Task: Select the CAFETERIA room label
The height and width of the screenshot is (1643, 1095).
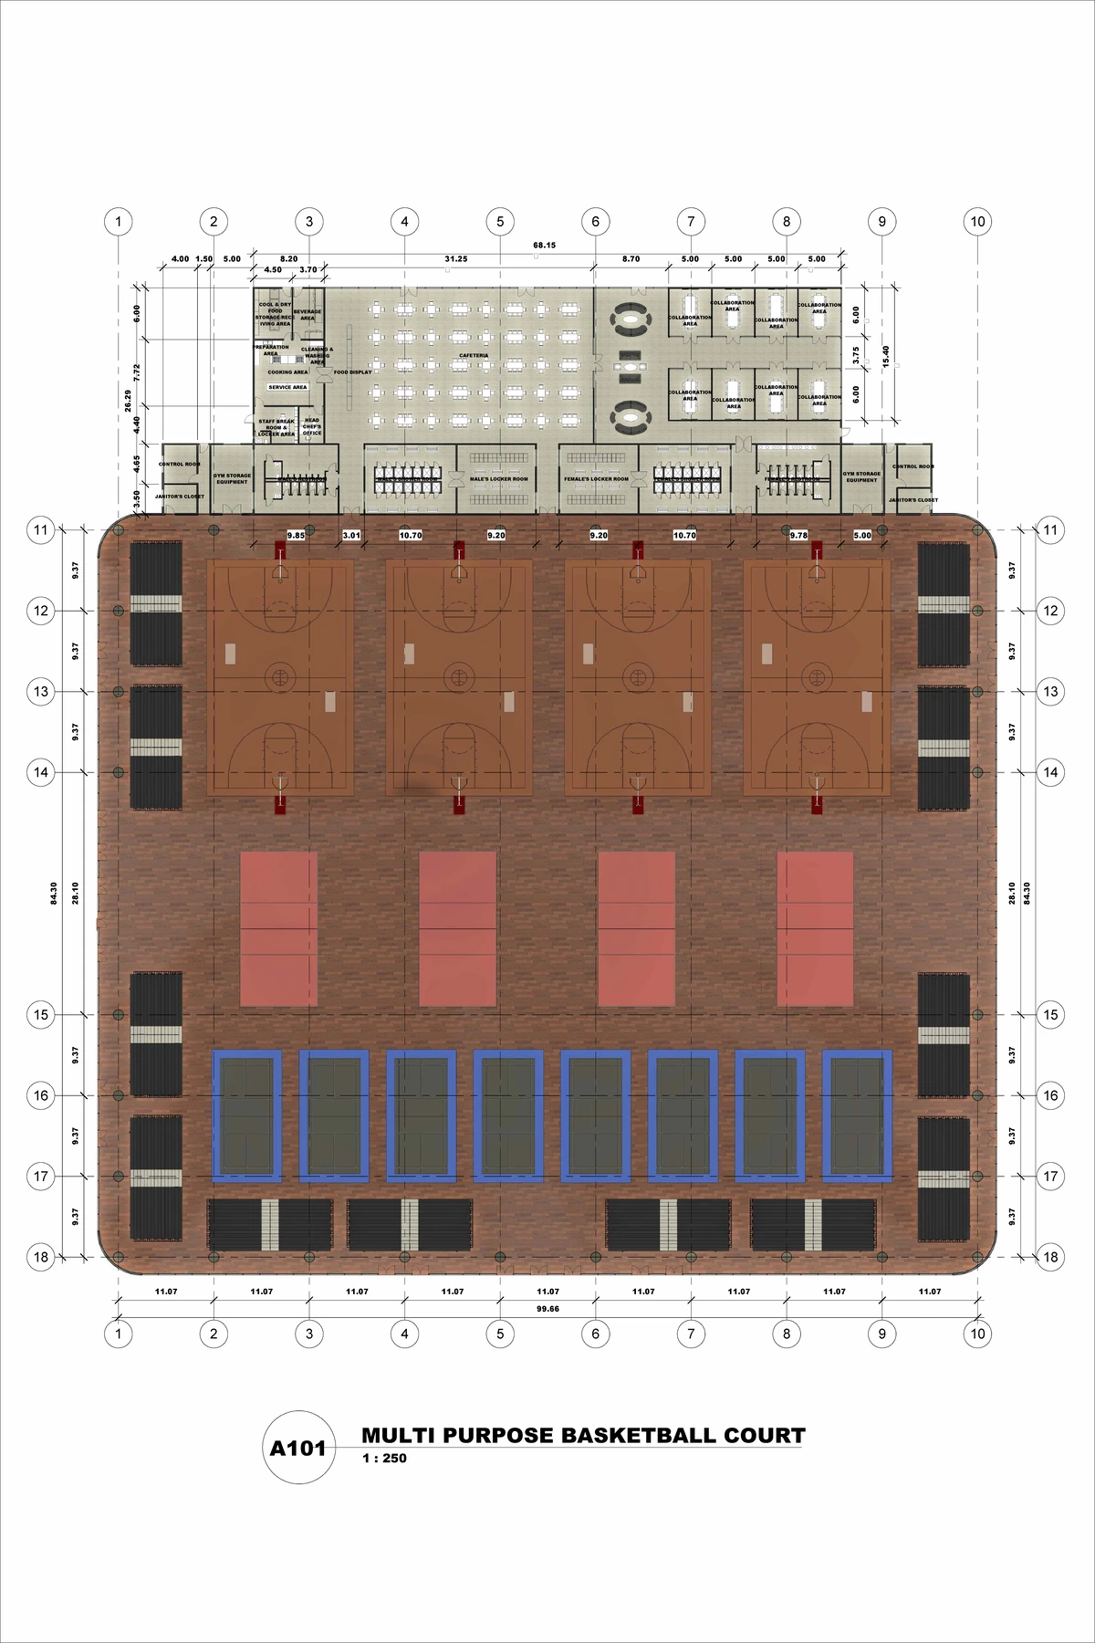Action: (x=474, y=355)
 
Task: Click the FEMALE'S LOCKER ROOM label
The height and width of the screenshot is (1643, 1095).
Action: (x=597, y=479)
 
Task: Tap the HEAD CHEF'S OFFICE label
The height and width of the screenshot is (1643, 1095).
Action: (x=312, y=426)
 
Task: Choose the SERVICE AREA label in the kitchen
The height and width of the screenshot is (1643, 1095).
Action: (x=287, y=387)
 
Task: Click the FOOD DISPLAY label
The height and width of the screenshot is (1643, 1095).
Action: (x=352, y=372)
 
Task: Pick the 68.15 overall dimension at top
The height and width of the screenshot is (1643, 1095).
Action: (x=545, y=245)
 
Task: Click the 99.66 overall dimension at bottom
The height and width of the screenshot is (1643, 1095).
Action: (x=547, y=1308)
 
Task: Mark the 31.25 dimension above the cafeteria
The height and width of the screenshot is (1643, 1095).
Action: (x=455, y=259)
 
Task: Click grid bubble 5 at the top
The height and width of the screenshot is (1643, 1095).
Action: (x=500, y=221)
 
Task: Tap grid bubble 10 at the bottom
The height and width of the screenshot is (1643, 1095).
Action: (x=977, y=1334)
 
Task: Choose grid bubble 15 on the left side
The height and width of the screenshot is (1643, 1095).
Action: (x=41, y=1015)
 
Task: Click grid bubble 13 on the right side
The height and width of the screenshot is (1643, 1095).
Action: (x=1051, y=692)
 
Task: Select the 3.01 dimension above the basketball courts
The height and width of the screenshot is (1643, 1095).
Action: (x=352, y=536)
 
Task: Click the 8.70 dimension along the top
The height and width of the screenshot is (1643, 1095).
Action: (x=631, y=259)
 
